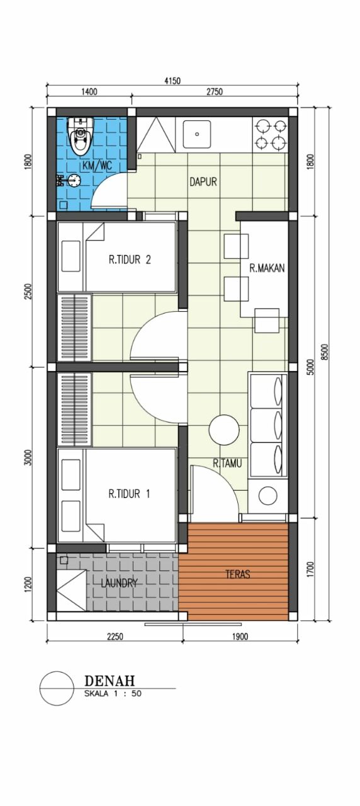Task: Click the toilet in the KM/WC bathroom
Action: click(x=81, y=136)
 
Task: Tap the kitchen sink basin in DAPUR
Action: click(x=197, y=134)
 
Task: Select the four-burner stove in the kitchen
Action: click(x=271, y=135)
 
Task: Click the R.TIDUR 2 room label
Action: click(x=130, y=259)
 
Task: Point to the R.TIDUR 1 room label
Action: click(x=129, y=494)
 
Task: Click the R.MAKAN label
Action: click(x=267, y=268)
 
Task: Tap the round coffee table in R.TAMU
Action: click(x=224, y=430)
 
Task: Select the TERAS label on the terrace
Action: click(x=238, y=574)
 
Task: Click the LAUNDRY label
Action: click(x=119, y=583)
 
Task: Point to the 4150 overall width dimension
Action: click(x=172, y=81)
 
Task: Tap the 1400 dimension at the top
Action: click(x=89, y=92)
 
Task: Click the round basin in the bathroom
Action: click(x=74, y=180)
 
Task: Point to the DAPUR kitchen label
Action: click(x=203, y=182)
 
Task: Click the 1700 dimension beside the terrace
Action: click(x=311, y=570)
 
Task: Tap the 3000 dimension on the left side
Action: click(x=29, y=457)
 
